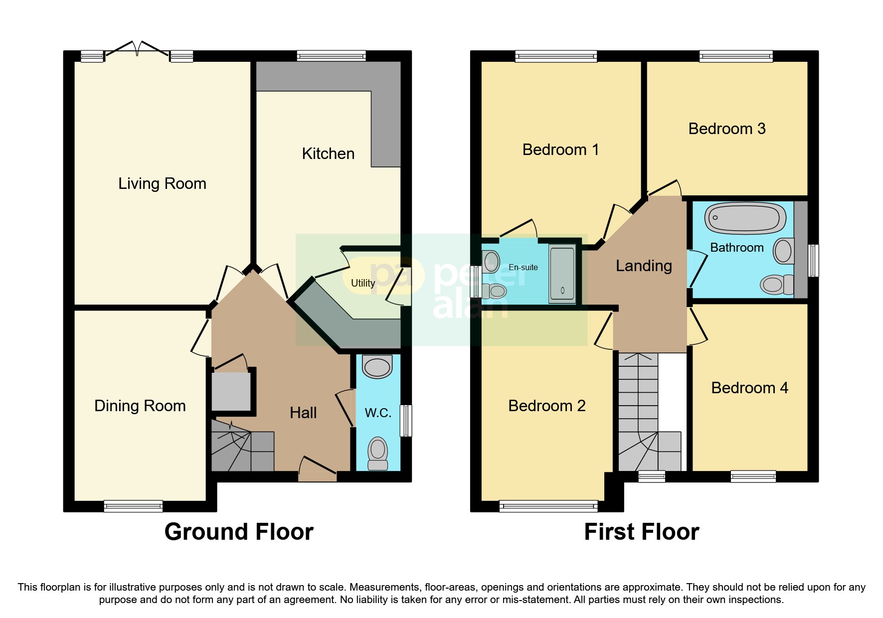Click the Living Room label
pyautogui.click(x=162, y=183)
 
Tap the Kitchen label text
pyautogui.click(x=328, y=154)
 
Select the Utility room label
pyautogui.click(x=362, y=283)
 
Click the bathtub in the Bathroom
pyautogui.click(x=745, y=218)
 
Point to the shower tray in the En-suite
pyautogui.click(x=562, y=273)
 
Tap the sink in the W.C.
pyautogui.click(x=377, y=367)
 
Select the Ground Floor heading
pyautogui.click(x=239, y=532)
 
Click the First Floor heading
pyautogui.click(x=641, y=532)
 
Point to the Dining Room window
pyautogui.click(x=133, y=506)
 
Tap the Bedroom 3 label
pyautogui.click(x=726, y=129)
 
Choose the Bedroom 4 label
pyautogui.click(x=749, y=388)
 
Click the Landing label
pyautogui.click(x=644, y=266)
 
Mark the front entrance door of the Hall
pyautogui.click(x=318, y=471)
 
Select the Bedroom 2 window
pyautogui.click(x=548, y=506)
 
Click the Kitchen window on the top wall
pyautogui.click(x=331, y=56)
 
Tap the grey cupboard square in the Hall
pyautogui.click(x=231, y=391)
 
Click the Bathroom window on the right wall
pyautogui.click(x=813, y=260)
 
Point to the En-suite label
pyautogui.click(x=523, y=267)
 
